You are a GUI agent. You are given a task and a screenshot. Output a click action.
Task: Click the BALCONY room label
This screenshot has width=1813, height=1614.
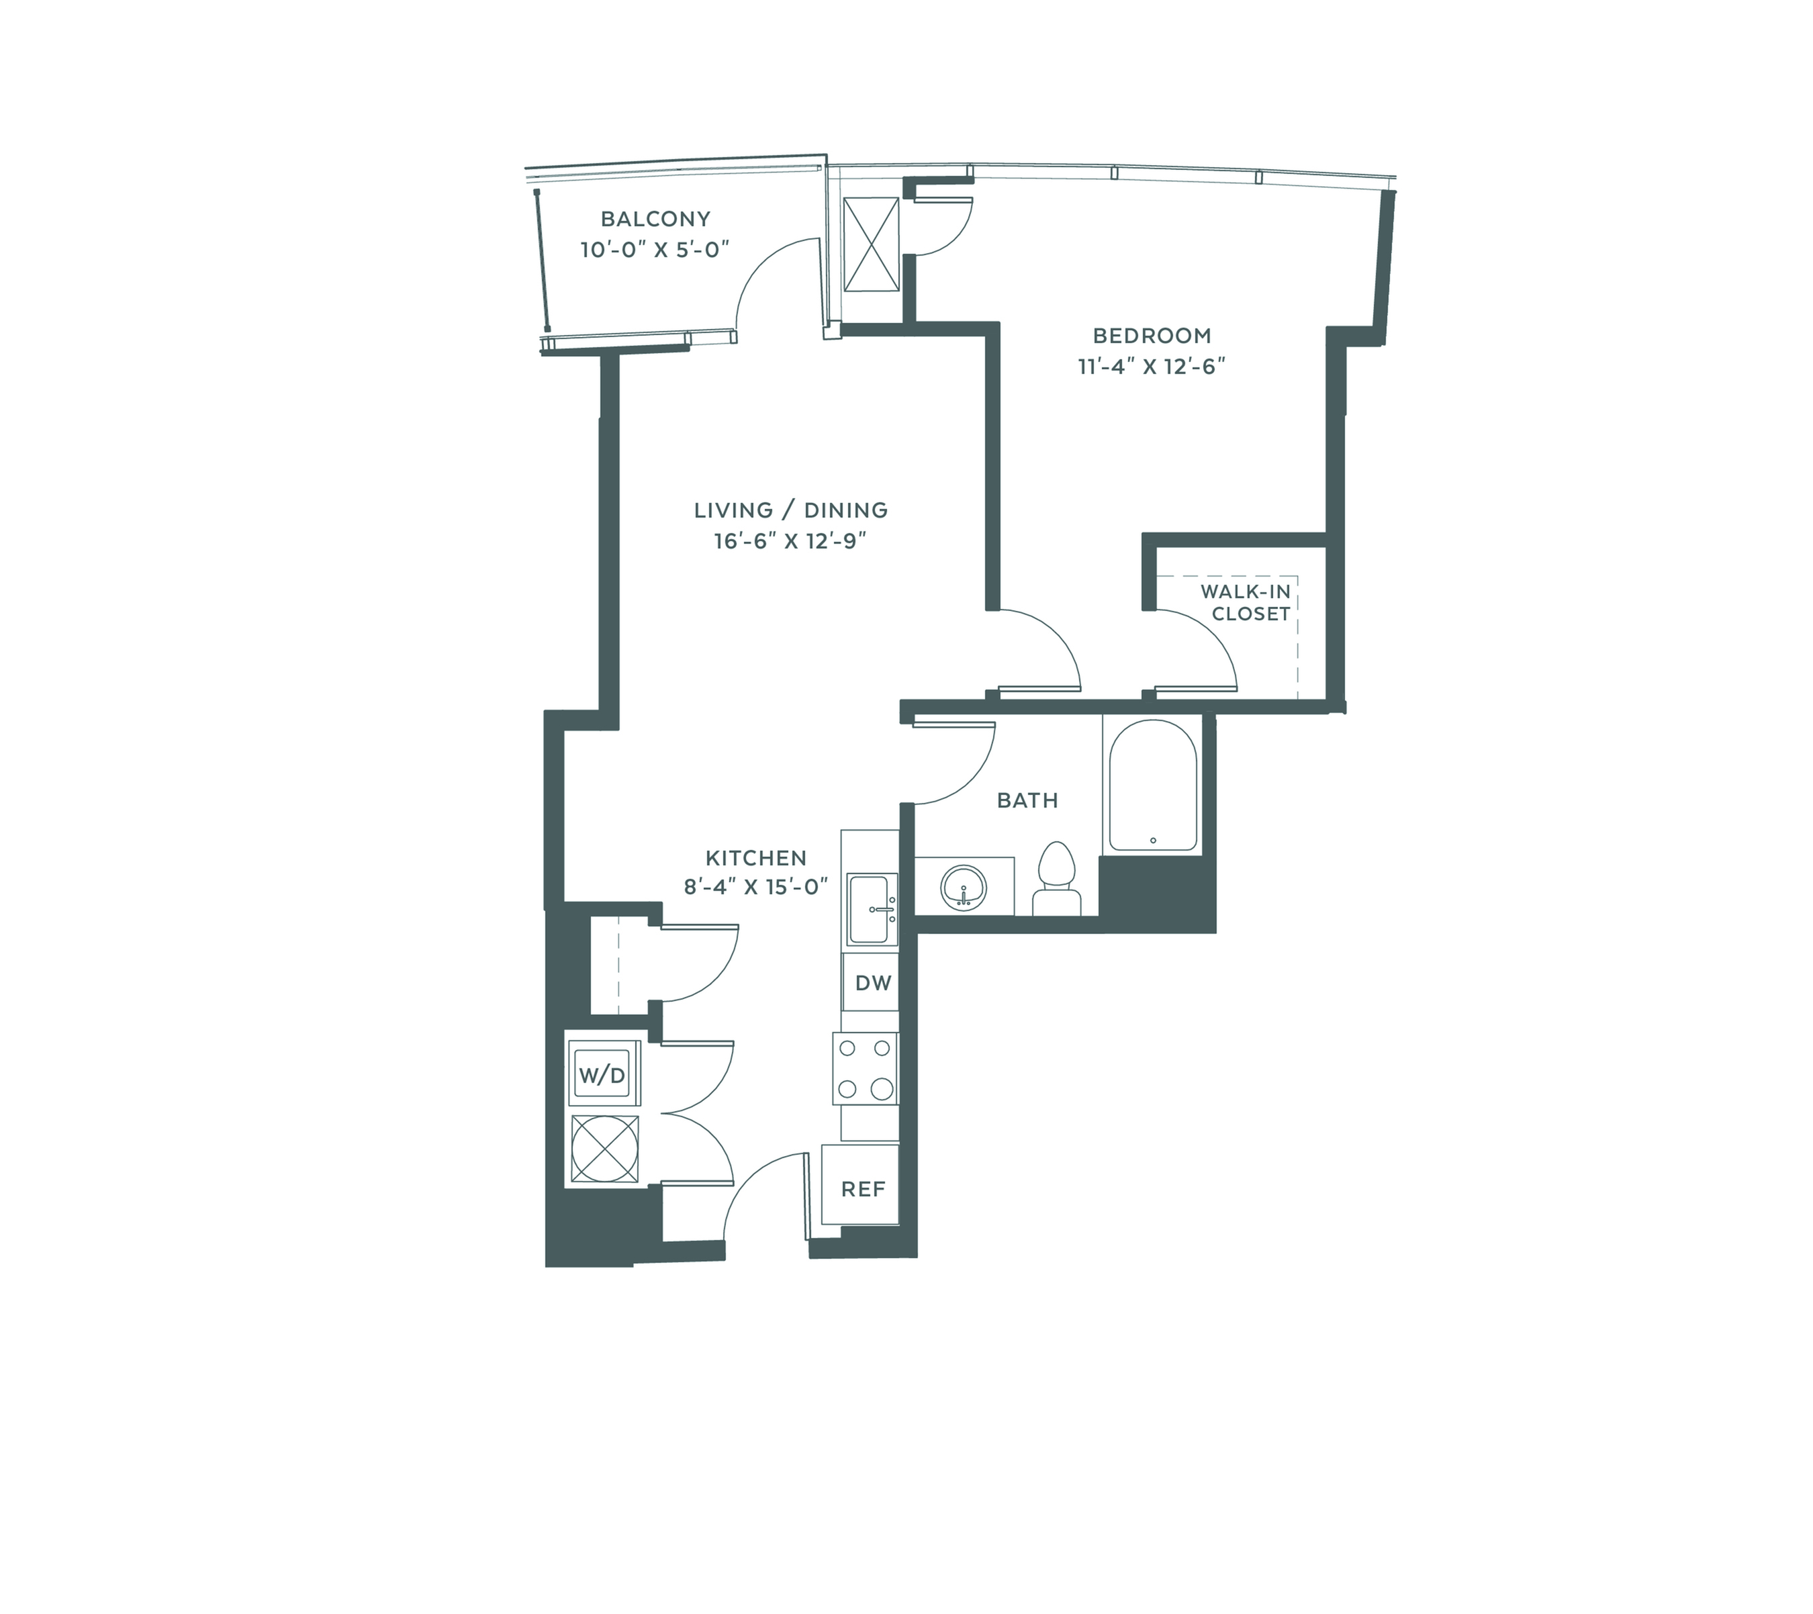(655, 219)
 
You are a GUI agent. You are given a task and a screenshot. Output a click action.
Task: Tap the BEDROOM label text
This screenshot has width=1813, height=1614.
(1152, 336)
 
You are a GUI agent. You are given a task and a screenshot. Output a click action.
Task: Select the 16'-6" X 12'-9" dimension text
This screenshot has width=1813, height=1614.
(790, 541)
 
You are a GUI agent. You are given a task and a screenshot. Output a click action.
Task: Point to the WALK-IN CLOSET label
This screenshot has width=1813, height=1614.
(1246, 603)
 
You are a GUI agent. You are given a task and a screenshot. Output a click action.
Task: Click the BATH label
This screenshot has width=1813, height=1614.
(1027, 801)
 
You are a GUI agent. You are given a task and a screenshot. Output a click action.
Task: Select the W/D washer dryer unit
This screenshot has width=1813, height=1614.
(602, 1075)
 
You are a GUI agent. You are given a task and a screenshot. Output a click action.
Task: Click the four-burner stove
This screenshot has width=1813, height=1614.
(866, 1067)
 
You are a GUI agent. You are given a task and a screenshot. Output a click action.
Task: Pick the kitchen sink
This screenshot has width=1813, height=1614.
(872, 909)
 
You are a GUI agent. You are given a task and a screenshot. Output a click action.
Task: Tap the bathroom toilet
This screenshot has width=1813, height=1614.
(1056, 878)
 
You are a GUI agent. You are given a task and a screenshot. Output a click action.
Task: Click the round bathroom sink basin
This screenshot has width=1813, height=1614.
(964, 887)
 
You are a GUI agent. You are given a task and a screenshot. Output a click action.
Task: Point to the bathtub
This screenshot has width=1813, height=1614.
(1152, 785)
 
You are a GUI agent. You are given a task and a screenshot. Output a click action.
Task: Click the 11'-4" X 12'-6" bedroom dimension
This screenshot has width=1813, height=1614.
(1152, 367)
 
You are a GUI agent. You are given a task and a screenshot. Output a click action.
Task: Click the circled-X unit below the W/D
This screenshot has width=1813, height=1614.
(605, 1149)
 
